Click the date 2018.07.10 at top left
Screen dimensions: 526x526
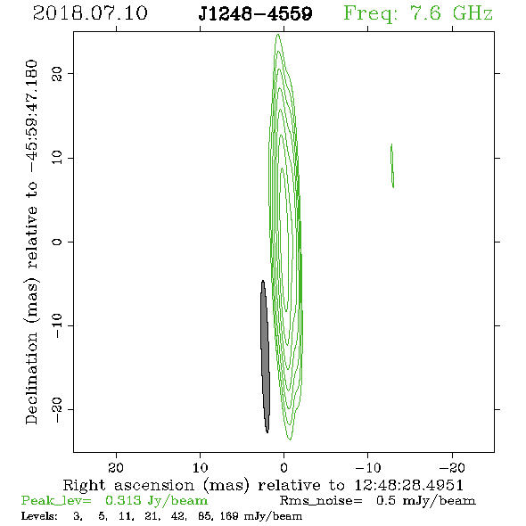pyautogui.click(x=90, y=13)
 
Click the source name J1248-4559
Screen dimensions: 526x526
pyautogui.click(x=255, y=14)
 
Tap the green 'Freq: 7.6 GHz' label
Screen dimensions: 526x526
pyautogui.click(x=418, y=13)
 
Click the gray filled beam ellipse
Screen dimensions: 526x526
pyautogui.click(x=265, y=357)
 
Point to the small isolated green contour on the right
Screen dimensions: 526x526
pyautogui.click(x=392, y=166)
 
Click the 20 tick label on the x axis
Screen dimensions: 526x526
pyautogui.click(x=116, y=467)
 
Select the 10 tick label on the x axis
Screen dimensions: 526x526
pyautogui.click(x=200, y=467)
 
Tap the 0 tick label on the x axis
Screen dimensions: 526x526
pyautogui.click(x=284, y=467)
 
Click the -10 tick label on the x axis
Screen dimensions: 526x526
pyautogui.click(x=367, y=467)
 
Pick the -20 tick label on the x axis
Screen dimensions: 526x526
pyautogui.click(x=452, y=467)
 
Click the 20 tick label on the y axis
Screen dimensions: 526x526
pyautogui.click(x=57, y=73)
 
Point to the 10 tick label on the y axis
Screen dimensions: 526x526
pyautogui.click(x=57, y=157)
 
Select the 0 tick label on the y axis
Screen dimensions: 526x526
pyautogui.click(x=57, y=242)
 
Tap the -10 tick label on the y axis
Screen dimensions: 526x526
pyautogui.click(x=57, y=325)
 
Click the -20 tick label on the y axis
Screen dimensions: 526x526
pyautogui.click(x=57, y=409)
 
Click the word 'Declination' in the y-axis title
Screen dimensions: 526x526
pyautogui.click(x=31, y=378)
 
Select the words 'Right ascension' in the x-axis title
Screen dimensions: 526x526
pyautogui.click(x=128, y=485)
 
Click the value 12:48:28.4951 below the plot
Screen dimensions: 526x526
pyautogui.click(x=409, y=485)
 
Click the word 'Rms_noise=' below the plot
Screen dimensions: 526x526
pyautogui.click(x=321, y=501)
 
